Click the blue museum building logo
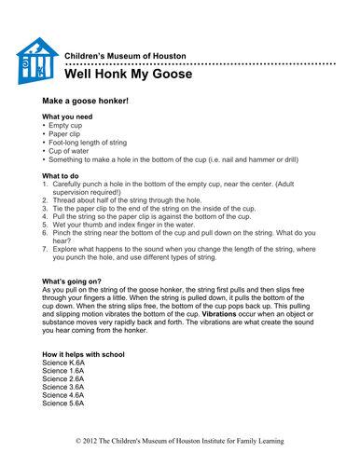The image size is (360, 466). click(x=38, y=62)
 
